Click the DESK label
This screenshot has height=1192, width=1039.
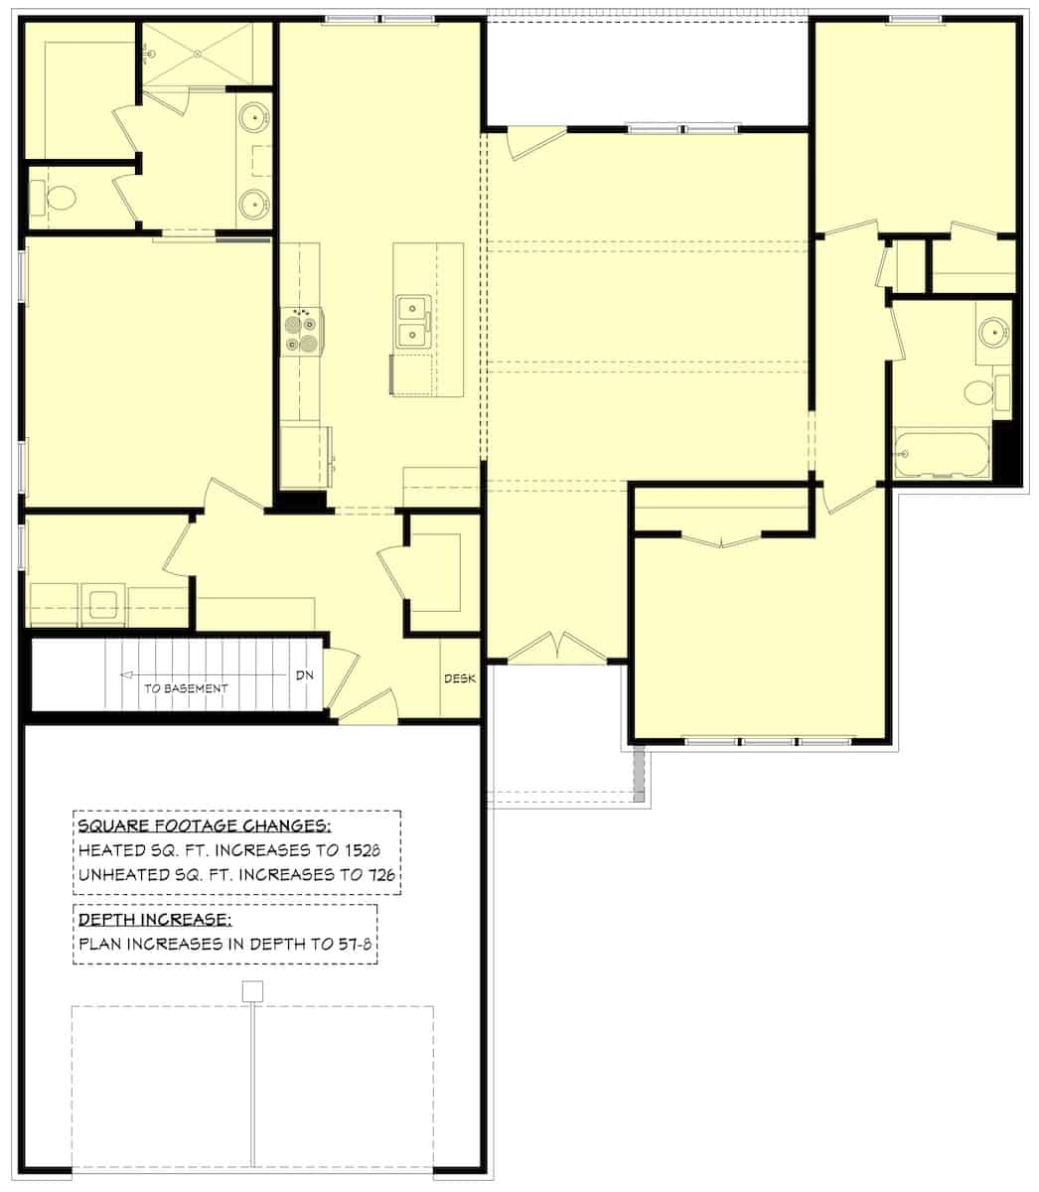(460, 678)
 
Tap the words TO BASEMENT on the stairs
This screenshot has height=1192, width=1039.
(186, 688)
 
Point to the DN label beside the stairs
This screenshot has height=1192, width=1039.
(304, 675)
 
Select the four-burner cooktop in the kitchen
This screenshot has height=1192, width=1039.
(303, 332)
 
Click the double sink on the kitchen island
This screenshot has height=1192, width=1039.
(412, 321)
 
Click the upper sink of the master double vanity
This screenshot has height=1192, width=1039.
(256, 118)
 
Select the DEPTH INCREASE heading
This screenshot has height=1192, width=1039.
(154, 920)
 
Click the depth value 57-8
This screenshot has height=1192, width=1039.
(354, 944)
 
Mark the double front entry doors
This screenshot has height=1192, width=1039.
(556, 647)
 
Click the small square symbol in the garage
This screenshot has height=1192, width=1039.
(252, 990)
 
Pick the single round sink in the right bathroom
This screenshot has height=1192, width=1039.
(991, 331)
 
